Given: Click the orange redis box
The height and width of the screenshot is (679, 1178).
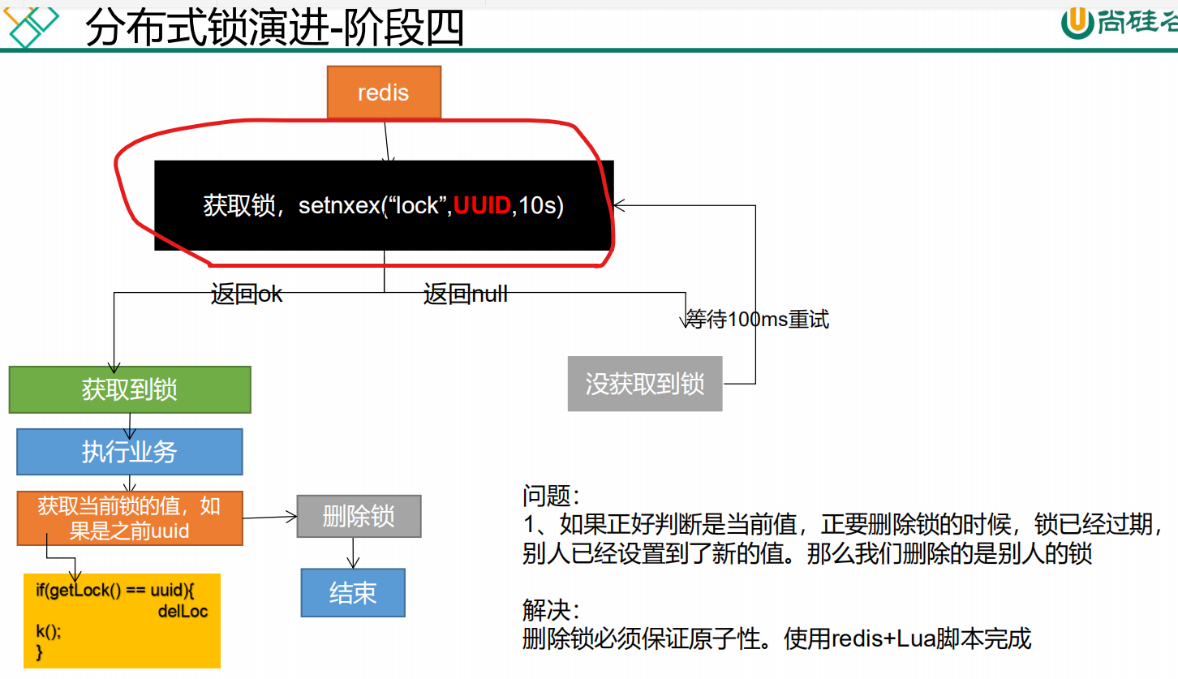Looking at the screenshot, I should click(x=384, y=92).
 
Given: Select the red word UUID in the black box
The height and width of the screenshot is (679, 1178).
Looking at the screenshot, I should click(x=482, y=206).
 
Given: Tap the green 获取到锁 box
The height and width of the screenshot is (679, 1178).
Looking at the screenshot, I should click(x=130, y=389).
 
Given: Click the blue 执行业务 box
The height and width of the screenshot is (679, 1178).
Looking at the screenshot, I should click(x=130, y=452).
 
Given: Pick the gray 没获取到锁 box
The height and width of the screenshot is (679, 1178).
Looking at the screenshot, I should click(x=645, y=384).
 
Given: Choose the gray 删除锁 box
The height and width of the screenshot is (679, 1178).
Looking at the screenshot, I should click(x=359, y=516).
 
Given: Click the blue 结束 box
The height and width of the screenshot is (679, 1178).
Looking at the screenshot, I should click(x=353, y=592).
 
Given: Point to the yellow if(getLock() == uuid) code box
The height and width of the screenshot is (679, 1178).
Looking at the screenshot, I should click(x=122, y=621).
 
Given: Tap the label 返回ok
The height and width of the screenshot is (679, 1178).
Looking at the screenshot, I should click(x=247, y=294).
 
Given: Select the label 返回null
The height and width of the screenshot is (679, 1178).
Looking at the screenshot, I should click(x=466, y=294).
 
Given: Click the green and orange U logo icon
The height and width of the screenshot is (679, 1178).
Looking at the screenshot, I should click(x=1077, y=23).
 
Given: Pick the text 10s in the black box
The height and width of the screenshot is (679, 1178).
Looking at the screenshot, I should click(x=539, y=206).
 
